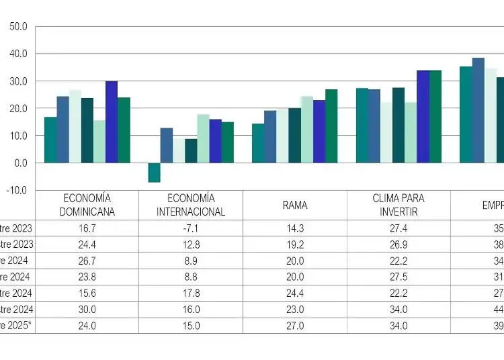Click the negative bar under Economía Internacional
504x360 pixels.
(x=154, y=173)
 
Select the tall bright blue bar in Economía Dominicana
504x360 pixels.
(x=112, y=122)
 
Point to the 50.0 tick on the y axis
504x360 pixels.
(x=18, y=27)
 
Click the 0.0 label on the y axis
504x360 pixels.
(x=19, y=163)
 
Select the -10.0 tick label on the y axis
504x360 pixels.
(x=17, y=191)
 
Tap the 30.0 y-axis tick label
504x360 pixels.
(x=18, y=81)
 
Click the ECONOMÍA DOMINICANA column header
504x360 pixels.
(x=87, y=205)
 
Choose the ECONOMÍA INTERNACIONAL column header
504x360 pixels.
(x=191, y=205)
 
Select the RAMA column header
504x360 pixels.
(x=294, y=205)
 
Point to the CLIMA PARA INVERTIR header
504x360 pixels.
(x=398, y=205)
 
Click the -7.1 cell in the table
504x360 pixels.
(x=191, y=228)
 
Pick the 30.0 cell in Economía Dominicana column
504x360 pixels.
(x=87, y=309)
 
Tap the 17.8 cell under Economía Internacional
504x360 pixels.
(x=191, y=293)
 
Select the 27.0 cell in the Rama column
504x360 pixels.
(x=294, y=325)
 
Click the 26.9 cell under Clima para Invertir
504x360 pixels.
(x=398, y=244)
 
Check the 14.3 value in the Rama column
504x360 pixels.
(x=294, y=228)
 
